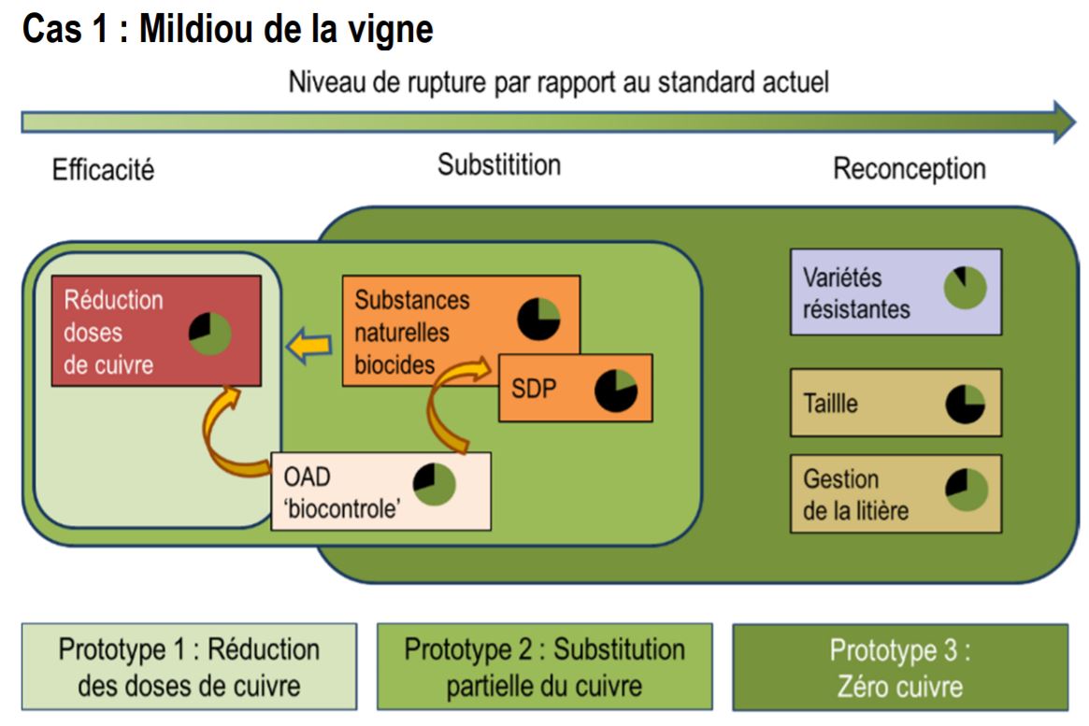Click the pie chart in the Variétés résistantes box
(x=966, y=288)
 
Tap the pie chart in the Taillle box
(x=966, y=404)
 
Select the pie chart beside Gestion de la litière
(x=966, y=490)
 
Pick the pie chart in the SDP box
(x=616, y=391)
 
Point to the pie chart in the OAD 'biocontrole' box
(x=434, y=484)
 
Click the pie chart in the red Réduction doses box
(x=209, y=334)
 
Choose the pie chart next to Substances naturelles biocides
(x=539, y=319)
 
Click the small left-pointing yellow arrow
(x=309, y=346)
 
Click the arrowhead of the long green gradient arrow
(x=1064, y=122)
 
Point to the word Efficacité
(x=104, y=169)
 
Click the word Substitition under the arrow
(x=499, y=165)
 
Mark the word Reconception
(x=910, y=169)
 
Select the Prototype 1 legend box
(x=189, y=666)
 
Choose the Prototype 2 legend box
(x=544, y=666)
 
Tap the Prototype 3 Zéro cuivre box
(x=900, y=667)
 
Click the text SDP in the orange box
(x=534, y=389)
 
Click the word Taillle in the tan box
(x=830, y=404)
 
